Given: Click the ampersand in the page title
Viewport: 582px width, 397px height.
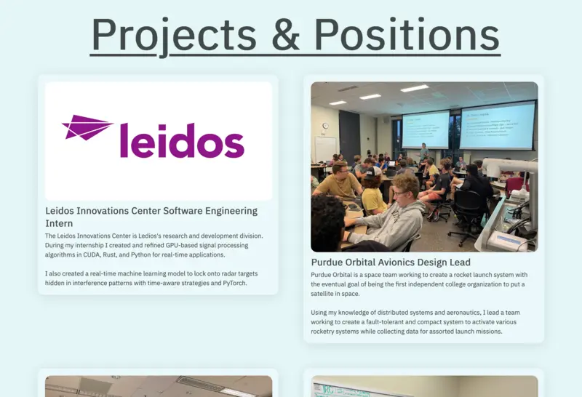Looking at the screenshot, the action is click(285, 34).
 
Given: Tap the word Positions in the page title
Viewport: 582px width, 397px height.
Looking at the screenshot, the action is click(407, 33).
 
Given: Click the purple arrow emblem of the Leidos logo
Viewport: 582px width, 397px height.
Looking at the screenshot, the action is click(87, 127).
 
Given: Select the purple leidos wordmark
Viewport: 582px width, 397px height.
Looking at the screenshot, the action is click(183, 140).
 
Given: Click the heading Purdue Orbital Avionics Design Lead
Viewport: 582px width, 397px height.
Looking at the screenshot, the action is click(391, 262).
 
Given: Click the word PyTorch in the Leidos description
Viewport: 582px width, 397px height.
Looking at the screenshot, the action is click(234, 283).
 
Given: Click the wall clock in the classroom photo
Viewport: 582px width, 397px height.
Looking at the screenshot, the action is click(325, 126).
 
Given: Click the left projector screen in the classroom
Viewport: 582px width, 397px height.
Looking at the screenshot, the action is click(426, 130).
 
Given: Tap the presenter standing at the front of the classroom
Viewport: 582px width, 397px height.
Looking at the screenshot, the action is click(423, 152).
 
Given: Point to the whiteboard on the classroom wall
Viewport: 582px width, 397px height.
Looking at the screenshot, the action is click(325, 149).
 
